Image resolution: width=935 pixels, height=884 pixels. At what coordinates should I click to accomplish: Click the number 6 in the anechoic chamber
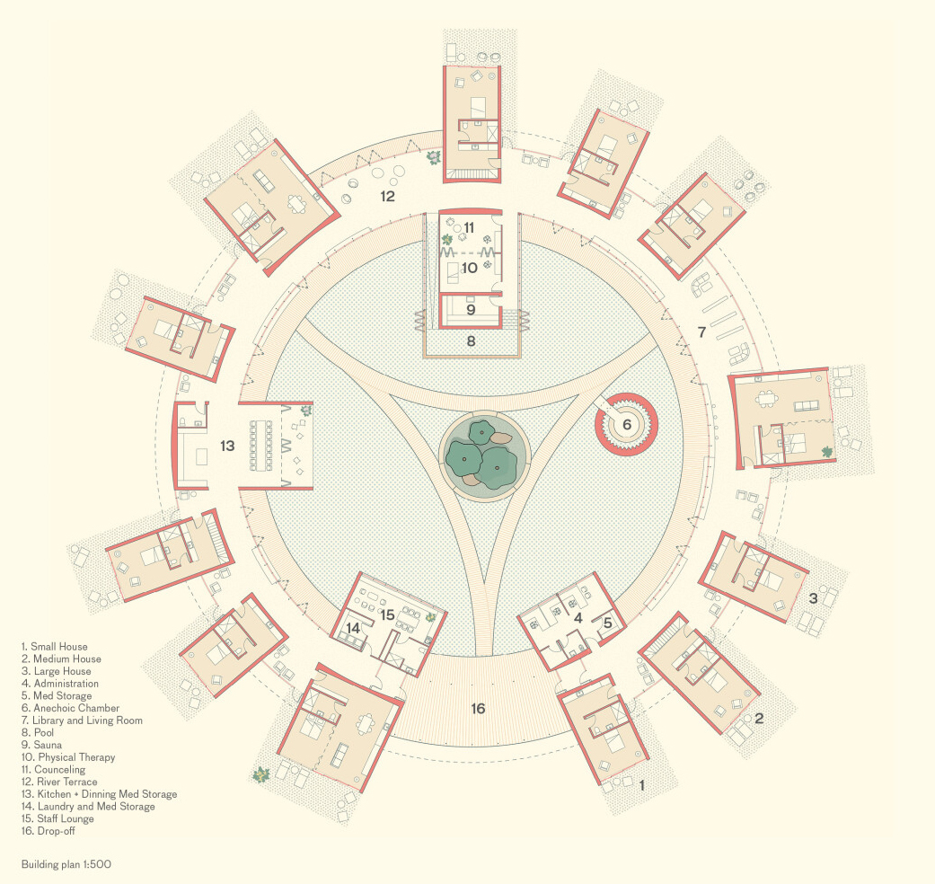[627, 425]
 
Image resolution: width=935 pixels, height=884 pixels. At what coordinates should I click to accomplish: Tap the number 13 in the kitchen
[227, 446]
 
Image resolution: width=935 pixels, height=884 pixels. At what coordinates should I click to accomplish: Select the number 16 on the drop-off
[478, 709]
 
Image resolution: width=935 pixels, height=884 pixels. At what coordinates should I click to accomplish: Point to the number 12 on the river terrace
[388, 196]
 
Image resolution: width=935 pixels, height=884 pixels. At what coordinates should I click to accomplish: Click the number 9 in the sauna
[471, 310]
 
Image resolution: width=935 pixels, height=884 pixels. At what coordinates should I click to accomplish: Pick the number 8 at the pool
[471, 341]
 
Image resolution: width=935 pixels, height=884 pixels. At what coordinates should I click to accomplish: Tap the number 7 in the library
[701, 332]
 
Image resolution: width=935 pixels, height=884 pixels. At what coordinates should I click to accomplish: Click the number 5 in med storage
[608, 623]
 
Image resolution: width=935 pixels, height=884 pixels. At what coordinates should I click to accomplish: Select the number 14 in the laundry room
[353, 628]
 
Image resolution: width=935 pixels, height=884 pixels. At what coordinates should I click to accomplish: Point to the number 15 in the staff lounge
[388, 615]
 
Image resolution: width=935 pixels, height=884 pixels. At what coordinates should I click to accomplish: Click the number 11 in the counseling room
[469, 228]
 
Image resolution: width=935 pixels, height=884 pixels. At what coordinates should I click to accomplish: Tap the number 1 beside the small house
[641, 786]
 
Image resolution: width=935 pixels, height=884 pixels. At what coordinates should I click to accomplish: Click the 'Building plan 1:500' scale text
[66, 864]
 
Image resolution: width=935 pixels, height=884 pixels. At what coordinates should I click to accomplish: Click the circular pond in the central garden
[485, 455]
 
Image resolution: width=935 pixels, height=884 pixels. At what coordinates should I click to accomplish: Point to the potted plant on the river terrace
[434, 158]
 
